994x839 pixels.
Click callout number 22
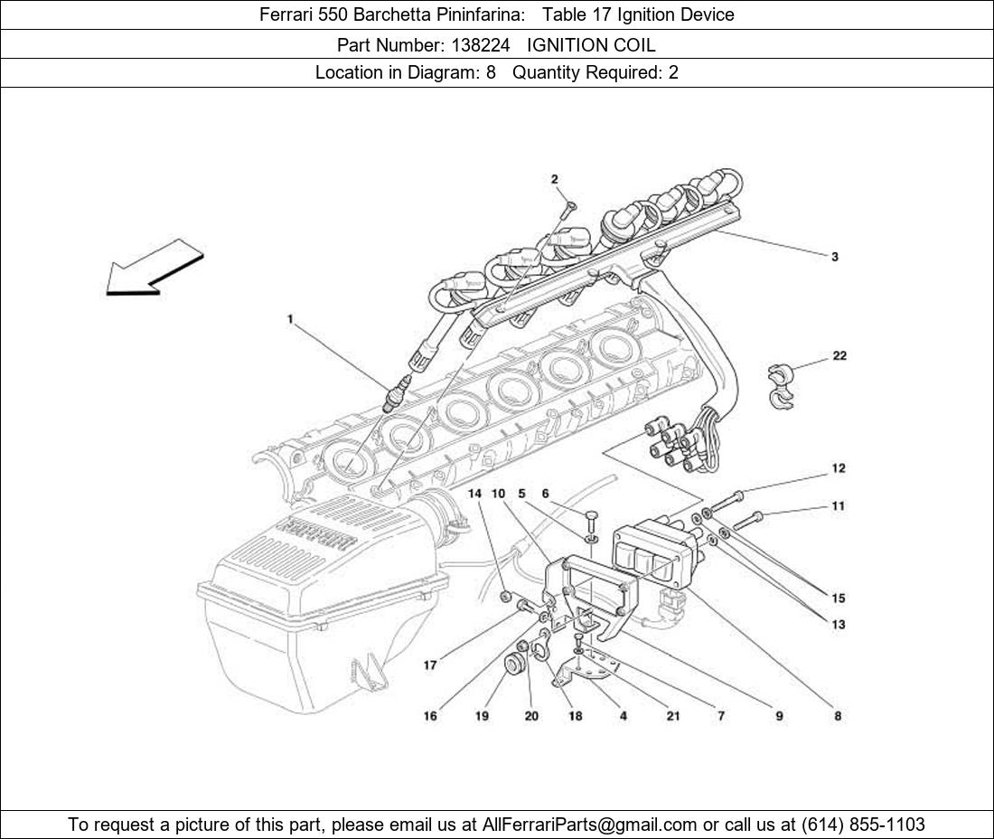(839, 356)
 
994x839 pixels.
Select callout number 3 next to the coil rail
(835, 257)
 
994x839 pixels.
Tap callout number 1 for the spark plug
(290, 319)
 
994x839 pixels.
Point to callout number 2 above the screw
(555, 179)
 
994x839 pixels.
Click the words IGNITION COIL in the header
(591, 44)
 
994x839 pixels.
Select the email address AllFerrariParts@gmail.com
(590, 825)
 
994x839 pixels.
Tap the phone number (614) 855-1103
(863, 825)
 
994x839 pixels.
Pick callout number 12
(839, 468)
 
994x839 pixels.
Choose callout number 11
(839, 506)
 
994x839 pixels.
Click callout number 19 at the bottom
(483, 716)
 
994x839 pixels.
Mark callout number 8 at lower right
(838, 716)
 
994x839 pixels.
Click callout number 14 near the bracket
(475, 494)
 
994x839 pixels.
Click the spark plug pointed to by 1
(395, 398)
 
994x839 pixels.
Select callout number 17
(430, 665)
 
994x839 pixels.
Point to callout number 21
(673, 716)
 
